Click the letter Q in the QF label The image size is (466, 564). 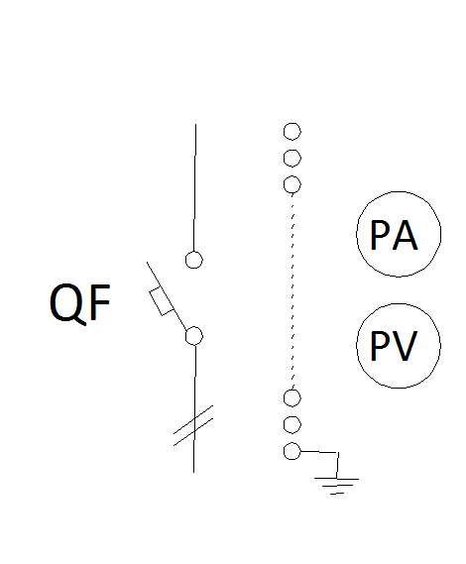coord(66,303)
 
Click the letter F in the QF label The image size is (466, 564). coord(100,302)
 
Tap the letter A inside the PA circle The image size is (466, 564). coord(405,235)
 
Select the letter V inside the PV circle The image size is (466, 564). coord(405,346)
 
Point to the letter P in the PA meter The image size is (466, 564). coord(379,235)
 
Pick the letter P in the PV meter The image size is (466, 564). coord(379,346)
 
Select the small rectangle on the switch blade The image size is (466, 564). coord(162,301)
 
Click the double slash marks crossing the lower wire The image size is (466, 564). coord(193,426)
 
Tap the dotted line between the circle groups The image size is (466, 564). coord(292,291)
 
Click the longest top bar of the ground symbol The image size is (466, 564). coord(336,479)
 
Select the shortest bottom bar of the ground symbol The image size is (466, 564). coord(337,494)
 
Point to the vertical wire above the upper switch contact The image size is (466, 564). coord(194,187)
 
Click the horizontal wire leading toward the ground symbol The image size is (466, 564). coord(319,452)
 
